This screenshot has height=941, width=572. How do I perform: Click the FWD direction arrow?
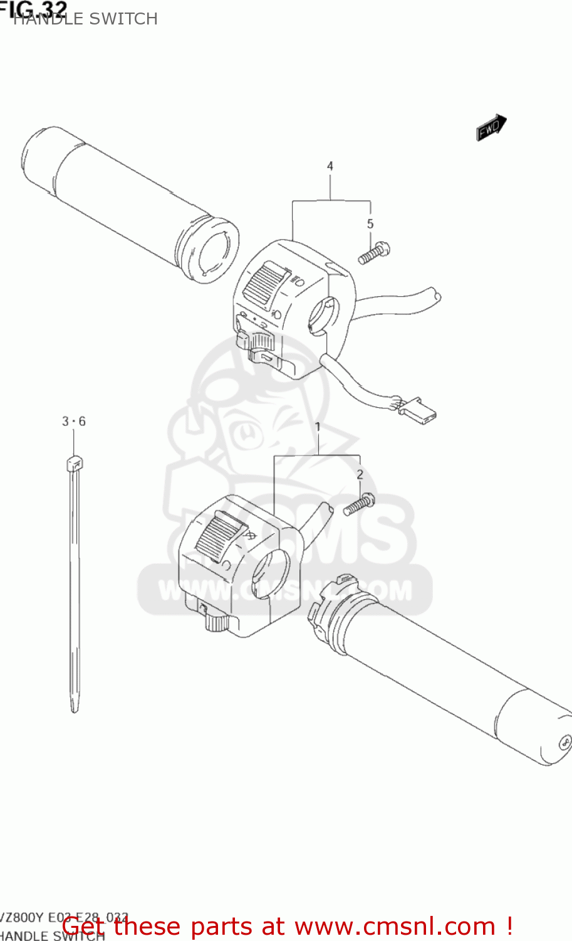[491, 128]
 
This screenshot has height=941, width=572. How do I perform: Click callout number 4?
[330, 166]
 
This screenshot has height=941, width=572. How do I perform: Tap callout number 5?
[370, 224]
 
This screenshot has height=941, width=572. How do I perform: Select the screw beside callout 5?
[374, 253]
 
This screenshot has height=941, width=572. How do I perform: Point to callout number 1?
[318, 427]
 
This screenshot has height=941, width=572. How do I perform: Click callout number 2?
[360, 475]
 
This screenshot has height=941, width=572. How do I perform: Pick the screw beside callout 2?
[359, 504]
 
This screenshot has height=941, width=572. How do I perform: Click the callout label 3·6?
[74, 422]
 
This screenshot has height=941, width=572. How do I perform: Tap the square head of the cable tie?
[74, 464]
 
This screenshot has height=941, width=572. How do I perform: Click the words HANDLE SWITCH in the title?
[85, 19]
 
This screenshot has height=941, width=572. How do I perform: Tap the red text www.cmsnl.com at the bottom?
[395, 926]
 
